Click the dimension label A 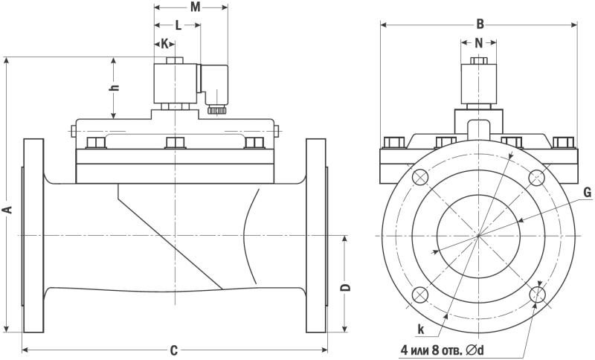click(8, 209)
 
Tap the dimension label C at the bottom click(173, 350)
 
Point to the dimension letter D click(344, 287)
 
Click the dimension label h click(114, 87)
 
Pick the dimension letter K click(164, 43)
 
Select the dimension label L click(178, 25)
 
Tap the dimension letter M click(195, 7)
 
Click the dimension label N click(479, 42)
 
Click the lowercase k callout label click(421, 327)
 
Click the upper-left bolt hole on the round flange click(419, 177)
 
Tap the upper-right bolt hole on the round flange click(538, 177)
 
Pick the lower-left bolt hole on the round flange click(419, 295)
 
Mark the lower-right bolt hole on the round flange click(538, 295)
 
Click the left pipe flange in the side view click(33, 235)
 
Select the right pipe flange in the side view click(316, 235)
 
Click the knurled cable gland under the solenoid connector click(216, 110)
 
